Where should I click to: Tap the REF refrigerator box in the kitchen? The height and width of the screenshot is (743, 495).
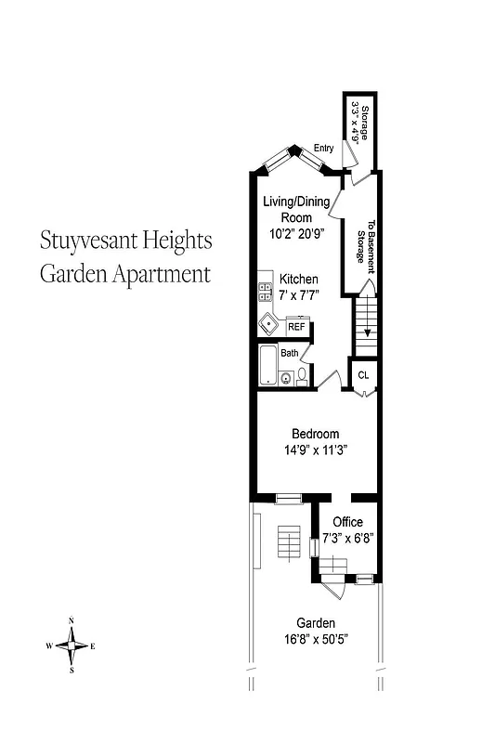[296, 326]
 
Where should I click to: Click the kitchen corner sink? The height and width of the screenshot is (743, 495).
[269, 324]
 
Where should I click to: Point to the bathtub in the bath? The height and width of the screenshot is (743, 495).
[268, 366]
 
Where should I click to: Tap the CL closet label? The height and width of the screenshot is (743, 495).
[363, 374]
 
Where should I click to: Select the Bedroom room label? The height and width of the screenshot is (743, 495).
[315, 434]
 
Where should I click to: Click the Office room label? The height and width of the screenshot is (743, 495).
[347, 522]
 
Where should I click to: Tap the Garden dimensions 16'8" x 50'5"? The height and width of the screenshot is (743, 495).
[315, 639]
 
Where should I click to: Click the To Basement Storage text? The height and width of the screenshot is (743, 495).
[365, 246]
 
